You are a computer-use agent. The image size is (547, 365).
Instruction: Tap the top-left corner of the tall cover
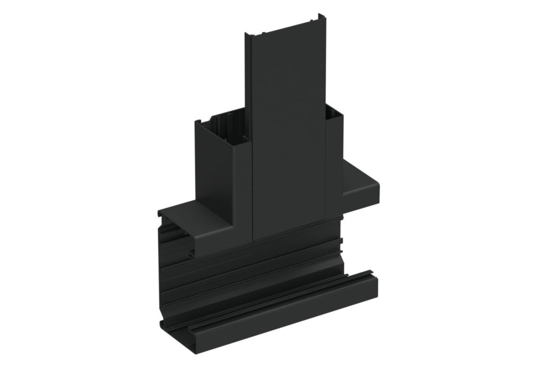(247, 34)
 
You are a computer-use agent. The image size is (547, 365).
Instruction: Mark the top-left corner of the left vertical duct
(197, 122)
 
